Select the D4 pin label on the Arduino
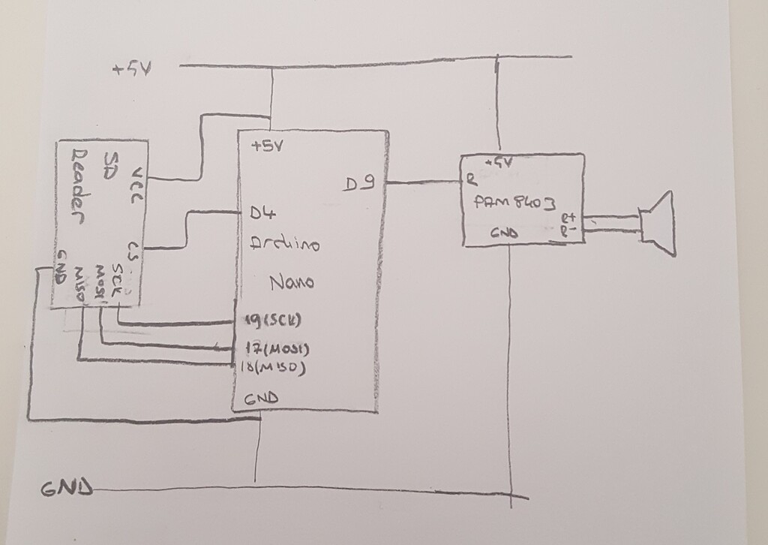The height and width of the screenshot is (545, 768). point(259,214)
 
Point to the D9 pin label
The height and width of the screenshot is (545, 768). point(361,182)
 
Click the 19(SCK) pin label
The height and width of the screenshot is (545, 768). point(272,321)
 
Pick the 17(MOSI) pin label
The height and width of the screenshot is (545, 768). point(277,349)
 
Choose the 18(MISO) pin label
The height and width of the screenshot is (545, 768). point(274,368)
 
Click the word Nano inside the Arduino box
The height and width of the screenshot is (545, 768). point(291,283)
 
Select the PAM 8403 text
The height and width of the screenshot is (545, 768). point(515,203)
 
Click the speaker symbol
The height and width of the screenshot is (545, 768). point(658,224)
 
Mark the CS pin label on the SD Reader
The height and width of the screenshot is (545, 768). point(134,250)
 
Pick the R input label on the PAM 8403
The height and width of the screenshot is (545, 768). point(469,180)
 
